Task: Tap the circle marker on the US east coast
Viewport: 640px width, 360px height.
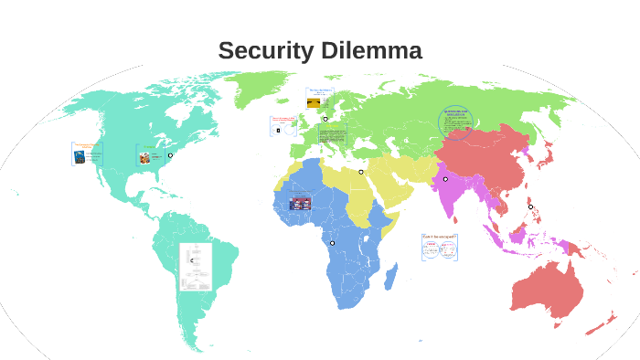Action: tap(170, 155)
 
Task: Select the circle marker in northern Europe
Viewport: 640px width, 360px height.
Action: tap(325, 119)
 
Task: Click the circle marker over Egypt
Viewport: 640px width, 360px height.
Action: tap(361, 172)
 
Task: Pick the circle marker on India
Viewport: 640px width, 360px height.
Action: tap(445, 179)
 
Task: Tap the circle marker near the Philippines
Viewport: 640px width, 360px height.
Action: tap(530, 206)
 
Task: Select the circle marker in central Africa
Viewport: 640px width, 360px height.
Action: tap(332, 243)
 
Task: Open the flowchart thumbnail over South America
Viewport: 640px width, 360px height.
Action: tap(195, 266)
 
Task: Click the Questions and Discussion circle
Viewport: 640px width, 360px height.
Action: tap(456, 121)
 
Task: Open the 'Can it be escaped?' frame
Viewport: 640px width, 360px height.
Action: tap(440, 246)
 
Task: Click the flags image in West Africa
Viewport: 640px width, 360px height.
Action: tap(300, 203)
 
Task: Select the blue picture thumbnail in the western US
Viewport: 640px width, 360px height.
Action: tap(80, 155)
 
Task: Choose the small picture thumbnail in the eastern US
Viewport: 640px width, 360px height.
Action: tap(144, 157)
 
